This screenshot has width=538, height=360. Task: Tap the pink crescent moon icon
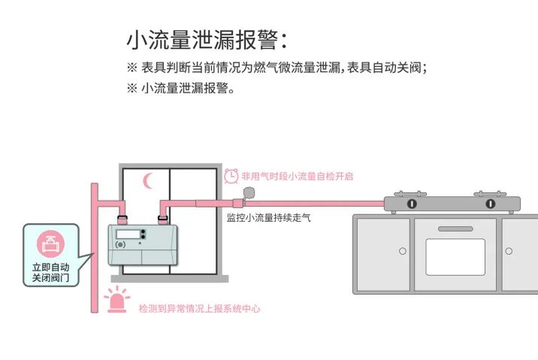[148, 180]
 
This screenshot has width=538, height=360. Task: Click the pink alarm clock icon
[231, 176]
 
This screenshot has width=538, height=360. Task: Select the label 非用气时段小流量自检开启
[297, 177]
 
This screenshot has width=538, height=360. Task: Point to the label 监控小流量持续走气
[268, 218]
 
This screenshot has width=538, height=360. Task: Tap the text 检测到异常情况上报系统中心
[199, 309]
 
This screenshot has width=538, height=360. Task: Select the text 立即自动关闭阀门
[51, 272]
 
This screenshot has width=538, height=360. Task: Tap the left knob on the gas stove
[412, 204]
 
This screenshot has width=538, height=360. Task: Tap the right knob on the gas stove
[490, 204]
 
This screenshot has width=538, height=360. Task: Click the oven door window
[455, 257]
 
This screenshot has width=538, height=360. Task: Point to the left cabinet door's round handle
[403, 250]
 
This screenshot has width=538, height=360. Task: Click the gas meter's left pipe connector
[122, 219]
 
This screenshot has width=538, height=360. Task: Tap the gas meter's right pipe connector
[162, 219]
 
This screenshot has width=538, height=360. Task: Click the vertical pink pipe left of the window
[95, 248]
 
